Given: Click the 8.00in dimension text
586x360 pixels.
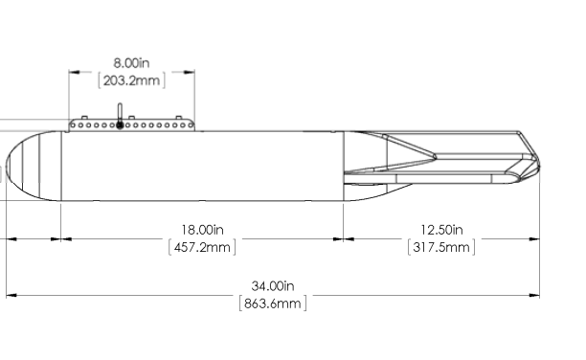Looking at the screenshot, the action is point(131,63).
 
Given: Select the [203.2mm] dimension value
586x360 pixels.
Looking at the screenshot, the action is point(131,80).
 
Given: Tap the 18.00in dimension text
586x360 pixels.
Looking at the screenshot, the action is point(203,230).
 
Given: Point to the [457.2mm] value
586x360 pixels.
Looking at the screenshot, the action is point(202,247).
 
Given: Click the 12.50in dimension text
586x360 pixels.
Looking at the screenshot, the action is point(441,230).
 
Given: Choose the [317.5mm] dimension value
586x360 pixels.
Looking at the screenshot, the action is point(441,247).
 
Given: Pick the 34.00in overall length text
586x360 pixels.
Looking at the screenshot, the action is point(273,286).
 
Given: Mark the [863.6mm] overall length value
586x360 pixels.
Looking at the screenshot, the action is point(273,304).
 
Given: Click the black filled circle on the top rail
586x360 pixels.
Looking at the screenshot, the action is point(120,124).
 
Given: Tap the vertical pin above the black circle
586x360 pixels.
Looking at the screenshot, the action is point(120,112).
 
